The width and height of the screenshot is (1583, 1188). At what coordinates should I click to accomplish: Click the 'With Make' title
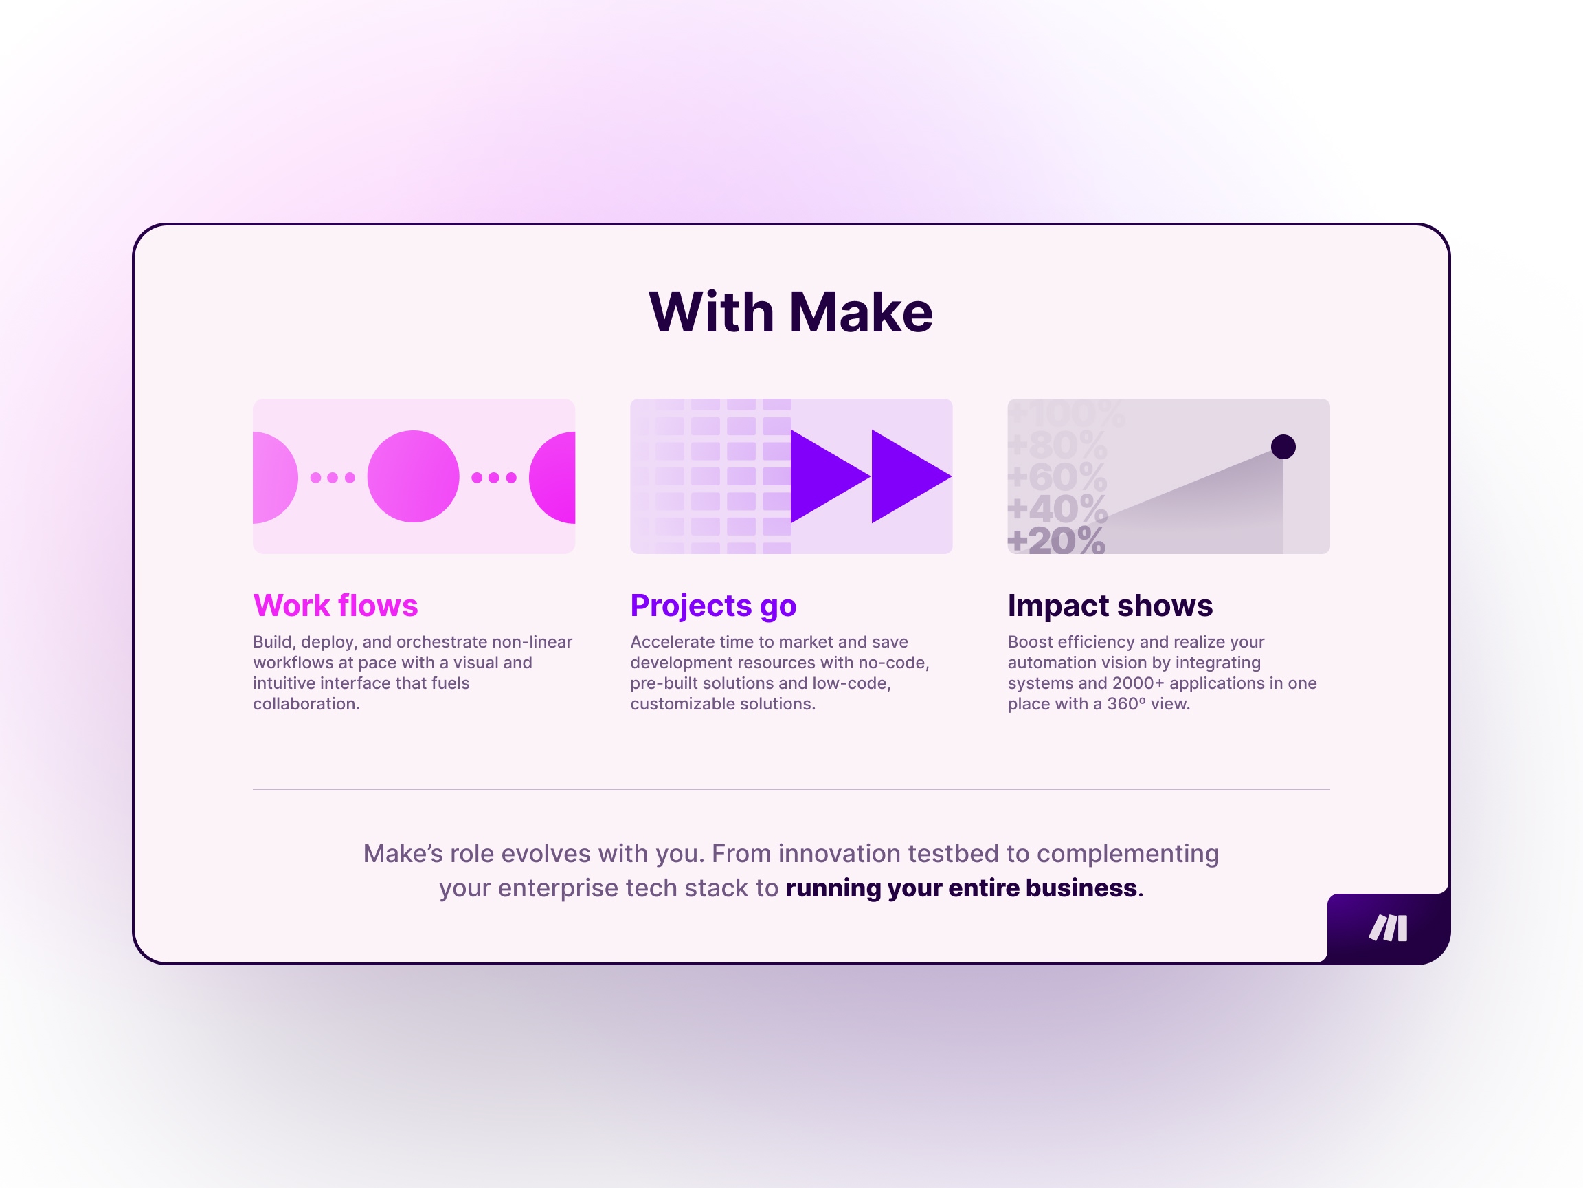[x=791, y=312]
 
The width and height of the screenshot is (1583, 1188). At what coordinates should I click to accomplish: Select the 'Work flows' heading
[x=336, y=605]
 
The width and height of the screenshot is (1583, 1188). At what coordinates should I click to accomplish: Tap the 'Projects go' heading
[x=713, y=606]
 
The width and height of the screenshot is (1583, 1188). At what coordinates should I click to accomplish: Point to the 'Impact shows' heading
[x=1110, y=606]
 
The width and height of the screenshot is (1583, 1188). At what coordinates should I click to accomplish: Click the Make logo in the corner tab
[x=1389, y=928]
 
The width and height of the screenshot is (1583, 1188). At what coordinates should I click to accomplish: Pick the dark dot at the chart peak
[x=1283, y=447]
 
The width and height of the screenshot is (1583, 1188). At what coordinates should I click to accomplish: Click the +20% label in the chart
[x=1056, y=540]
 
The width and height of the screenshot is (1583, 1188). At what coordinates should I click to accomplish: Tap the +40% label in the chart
[x=1057, y=509]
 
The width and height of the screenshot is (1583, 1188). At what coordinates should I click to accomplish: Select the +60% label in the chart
[x=1057, y=476]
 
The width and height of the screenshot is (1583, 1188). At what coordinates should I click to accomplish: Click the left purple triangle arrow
[x=823, y=476]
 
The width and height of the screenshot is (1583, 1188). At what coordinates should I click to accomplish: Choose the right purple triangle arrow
[x=904, y=476]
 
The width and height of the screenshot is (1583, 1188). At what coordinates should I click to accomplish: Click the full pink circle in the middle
[x=413, y=476]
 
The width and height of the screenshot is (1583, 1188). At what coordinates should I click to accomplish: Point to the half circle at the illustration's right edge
[x=552, y=478]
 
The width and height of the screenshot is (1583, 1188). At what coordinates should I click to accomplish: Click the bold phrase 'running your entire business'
[x=961, y=888]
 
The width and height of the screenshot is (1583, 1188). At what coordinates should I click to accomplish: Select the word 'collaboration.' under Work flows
[x=306, y=704]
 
